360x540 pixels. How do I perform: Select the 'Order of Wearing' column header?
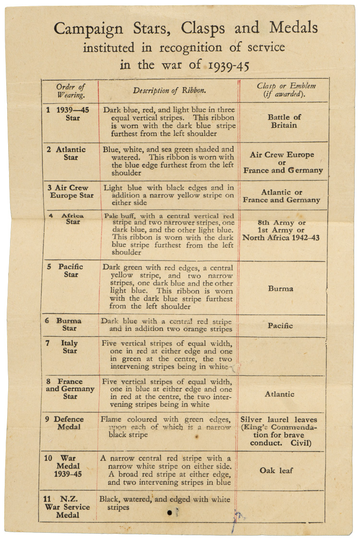pos(70,90)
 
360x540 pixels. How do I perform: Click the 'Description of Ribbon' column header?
pos(169,90)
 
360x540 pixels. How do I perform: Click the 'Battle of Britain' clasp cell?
pos(284,121)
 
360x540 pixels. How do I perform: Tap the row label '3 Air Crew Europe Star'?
pos(71,192)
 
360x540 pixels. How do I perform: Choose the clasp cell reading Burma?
pos(281,289)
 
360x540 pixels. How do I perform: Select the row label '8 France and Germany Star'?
pos(70,389)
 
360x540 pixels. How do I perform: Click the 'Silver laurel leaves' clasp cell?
pos(279,431)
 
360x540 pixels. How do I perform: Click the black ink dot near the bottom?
pos(169,513)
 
